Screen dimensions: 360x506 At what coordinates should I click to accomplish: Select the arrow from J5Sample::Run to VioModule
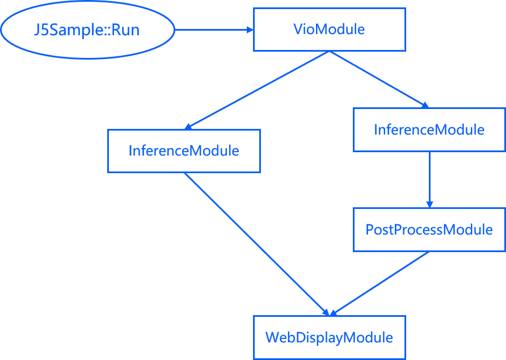[213, 30]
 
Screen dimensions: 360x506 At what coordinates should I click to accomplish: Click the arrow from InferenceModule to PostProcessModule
[429, 179]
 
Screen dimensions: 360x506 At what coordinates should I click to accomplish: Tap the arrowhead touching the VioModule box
[249, 30]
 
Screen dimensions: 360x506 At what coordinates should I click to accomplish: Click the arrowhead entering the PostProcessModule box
[429, 204]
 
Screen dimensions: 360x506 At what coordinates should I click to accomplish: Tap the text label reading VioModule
[329, 29]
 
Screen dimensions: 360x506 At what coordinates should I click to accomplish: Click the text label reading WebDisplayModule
[329, 338]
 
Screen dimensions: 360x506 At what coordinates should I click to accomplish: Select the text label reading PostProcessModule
[429, 230]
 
